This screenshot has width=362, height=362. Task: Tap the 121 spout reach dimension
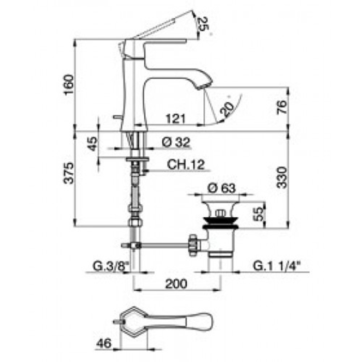coord(176,119)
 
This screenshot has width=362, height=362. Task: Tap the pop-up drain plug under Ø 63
coord(221,212)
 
